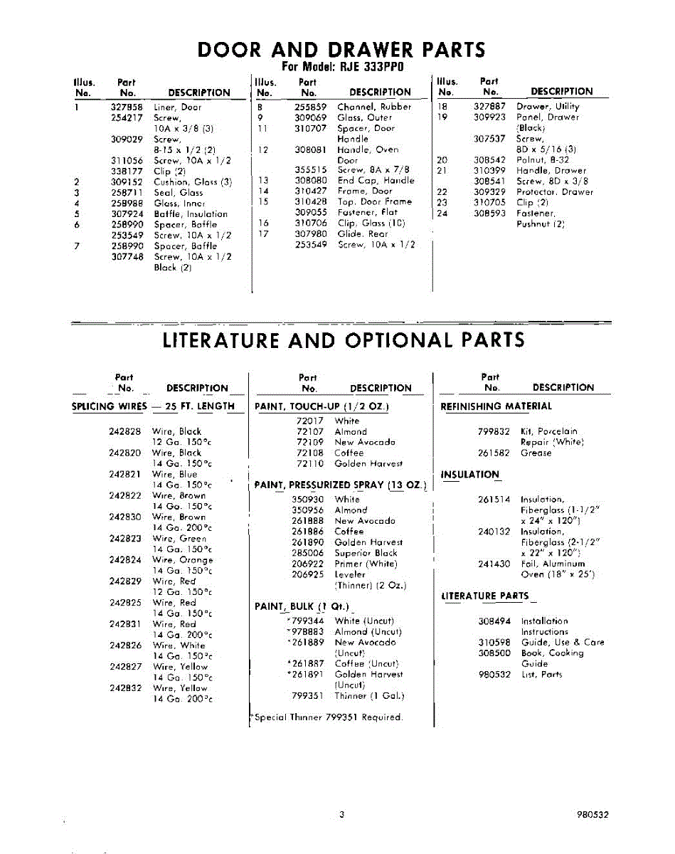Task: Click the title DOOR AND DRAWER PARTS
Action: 341,50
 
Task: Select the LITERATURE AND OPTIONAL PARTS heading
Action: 344,340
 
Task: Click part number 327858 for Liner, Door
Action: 127,107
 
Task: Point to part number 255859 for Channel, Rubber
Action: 310,107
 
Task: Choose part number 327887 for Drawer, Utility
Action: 489,107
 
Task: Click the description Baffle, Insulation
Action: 191,214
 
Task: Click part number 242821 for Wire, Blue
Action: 125,475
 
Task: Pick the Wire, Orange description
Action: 183,560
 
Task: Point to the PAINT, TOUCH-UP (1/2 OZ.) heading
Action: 321,406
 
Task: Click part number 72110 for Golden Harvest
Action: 309,464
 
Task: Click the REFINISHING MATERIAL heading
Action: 496,406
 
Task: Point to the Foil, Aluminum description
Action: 553,564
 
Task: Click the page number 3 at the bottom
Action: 341,815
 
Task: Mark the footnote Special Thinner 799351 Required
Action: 327,717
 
